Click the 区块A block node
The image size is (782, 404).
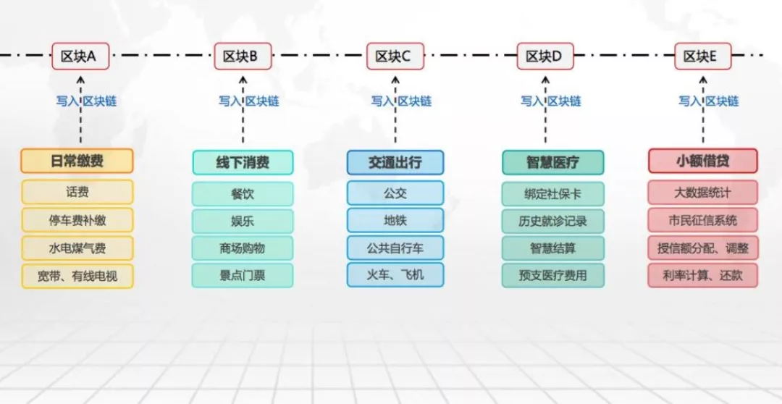coord(80,56)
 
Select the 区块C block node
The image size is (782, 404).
coord(395,56)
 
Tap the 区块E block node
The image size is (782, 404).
coord(702,56)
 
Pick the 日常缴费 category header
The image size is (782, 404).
coord(77,161)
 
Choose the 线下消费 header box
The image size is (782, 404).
coord(243,163)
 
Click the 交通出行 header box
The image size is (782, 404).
coord(395,163)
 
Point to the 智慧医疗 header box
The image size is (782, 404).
coord(552,163)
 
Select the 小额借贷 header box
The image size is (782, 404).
coord(702,161)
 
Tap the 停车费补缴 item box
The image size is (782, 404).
coord(77,220)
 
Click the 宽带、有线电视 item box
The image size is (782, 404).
coord(77,276)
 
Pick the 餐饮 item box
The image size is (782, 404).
coord(243,193)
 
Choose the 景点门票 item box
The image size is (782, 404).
coord(243,275)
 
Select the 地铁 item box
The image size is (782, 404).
coord(395,220)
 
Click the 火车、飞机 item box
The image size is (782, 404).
coord(395,275)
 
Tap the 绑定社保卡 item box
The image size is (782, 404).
coord(552,193)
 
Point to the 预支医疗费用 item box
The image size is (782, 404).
coord(552,275)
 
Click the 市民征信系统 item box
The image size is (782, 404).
coord(702,220)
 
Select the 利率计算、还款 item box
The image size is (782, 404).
coord(702,275)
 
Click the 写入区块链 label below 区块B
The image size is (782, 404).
coord(248,101)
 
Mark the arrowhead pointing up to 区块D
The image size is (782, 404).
coord(545,80)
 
